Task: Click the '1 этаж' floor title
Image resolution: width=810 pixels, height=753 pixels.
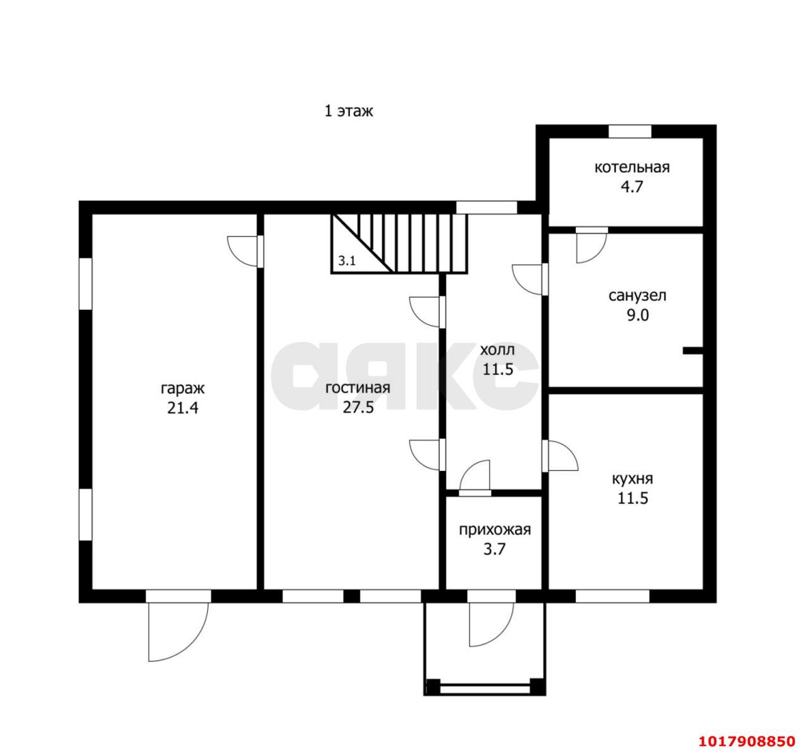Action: coord(348,111)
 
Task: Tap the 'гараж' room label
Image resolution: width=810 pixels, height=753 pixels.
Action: coord(182,389)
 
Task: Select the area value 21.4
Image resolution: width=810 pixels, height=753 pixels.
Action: coord(182,408)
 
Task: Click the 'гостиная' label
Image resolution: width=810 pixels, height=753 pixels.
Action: coord(358,388)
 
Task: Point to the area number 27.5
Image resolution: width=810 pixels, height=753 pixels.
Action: coord(358,408)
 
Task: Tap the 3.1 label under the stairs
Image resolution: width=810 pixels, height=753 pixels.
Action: coord(347,261)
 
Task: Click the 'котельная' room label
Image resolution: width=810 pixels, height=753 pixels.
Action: coord(632,168)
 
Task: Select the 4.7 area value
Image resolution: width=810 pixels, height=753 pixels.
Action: coord(632,187)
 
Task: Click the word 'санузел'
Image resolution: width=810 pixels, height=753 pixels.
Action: coord(637,296)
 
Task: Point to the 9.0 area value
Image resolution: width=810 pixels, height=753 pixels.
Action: coord(638,315)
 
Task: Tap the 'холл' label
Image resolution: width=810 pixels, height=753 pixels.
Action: coord(497,350)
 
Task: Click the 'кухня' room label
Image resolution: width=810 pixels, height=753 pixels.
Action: coord(633,479)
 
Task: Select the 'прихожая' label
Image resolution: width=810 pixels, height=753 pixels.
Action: coord(495,530)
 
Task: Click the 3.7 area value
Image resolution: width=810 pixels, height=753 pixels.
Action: coord(495,549)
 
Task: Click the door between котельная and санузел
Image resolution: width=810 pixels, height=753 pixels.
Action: coord(592,245)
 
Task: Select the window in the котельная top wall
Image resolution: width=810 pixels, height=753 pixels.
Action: coord(630,132)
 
